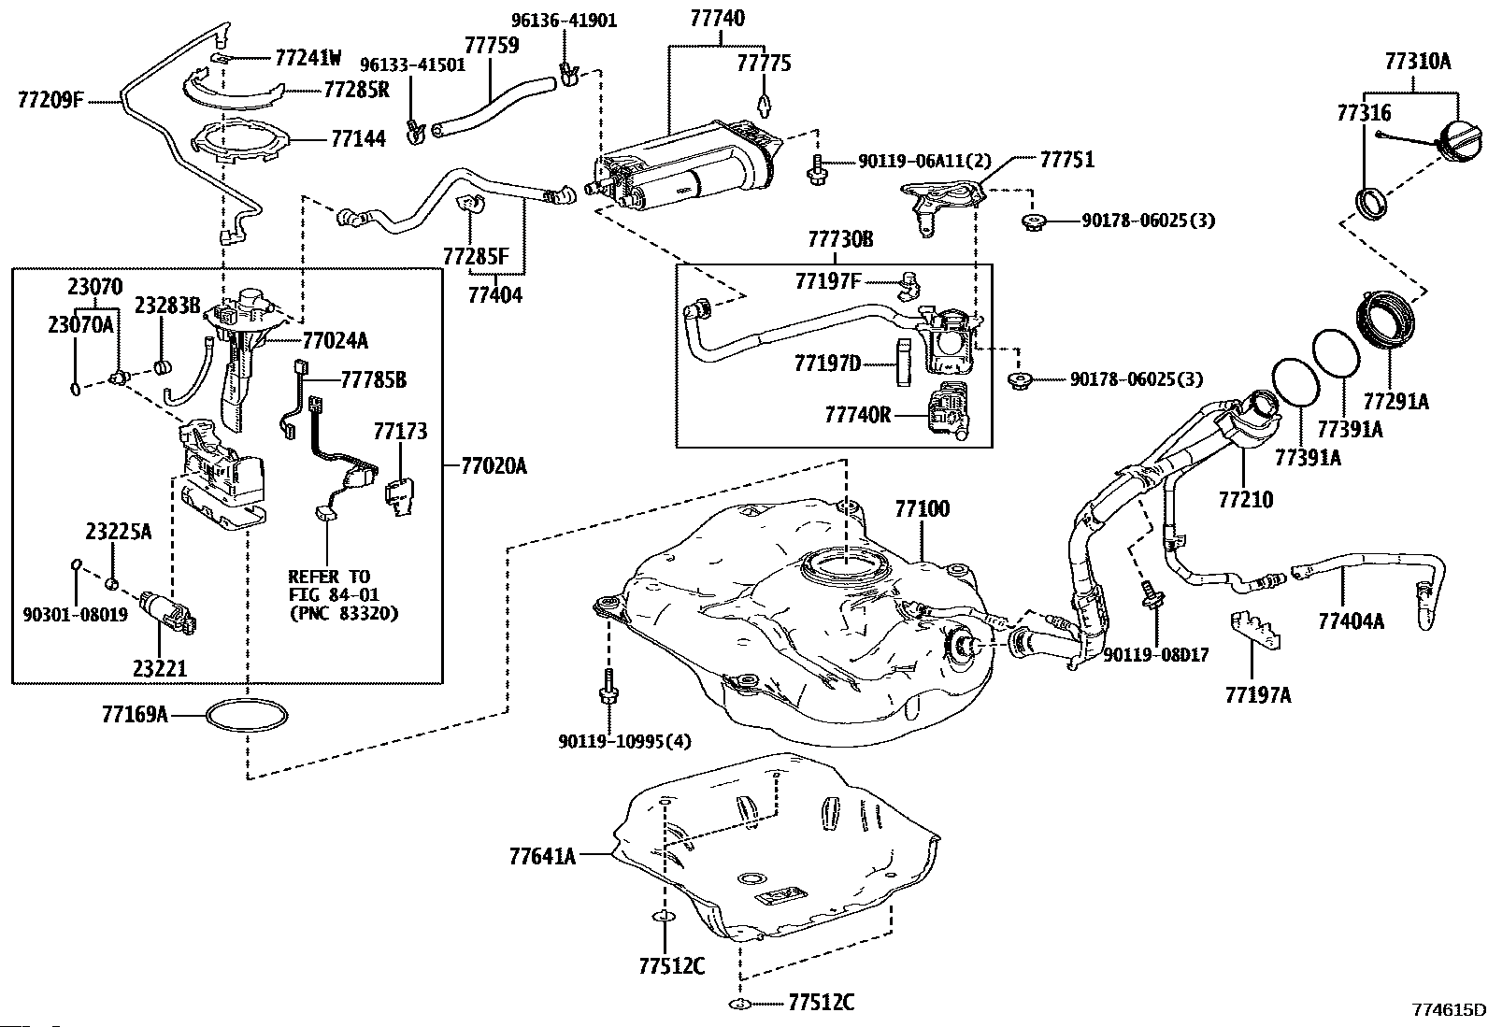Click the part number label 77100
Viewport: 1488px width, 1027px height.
[x=922, y=509]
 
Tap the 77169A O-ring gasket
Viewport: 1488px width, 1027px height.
[x=245, y=716]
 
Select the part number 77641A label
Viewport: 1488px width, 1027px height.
[x=543, y=855]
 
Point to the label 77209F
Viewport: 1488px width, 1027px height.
[x=50, y=98]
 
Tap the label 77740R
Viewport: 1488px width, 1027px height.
[x=857, y=413]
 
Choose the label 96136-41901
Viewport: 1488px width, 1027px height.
[x=564, y=20]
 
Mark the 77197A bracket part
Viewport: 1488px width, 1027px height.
[x=1254, y=633]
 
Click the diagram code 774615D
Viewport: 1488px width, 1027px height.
[x=1449, y=1009]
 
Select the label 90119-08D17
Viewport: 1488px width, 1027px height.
[x=1155, y=655]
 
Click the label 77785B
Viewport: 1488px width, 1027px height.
[x=373, y=380]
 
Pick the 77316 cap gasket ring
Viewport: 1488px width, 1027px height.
[x=1371, y=203]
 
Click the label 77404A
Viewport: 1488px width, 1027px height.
[x=1351, y=620]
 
